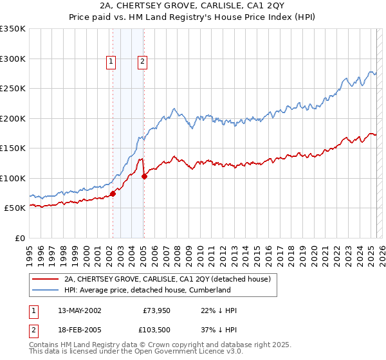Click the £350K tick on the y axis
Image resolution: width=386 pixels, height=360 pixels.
tap(13, 29)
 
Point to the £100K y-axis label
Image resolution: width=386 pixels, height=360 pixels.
tap(13, 178)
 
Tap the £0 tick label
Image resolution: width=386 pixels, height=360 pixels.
tap(19, 238)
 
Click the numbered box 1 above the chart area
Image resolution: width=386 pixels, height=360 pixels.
tap(111, 62)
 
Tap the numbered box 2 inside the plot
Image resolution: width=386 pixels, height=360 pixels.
tap(142, 62)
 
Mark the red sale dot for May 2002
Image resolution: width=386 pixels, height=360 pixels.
tap(113, 194)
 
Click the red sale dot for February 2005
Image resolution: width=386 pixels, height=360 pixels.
tap(144, 176)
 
